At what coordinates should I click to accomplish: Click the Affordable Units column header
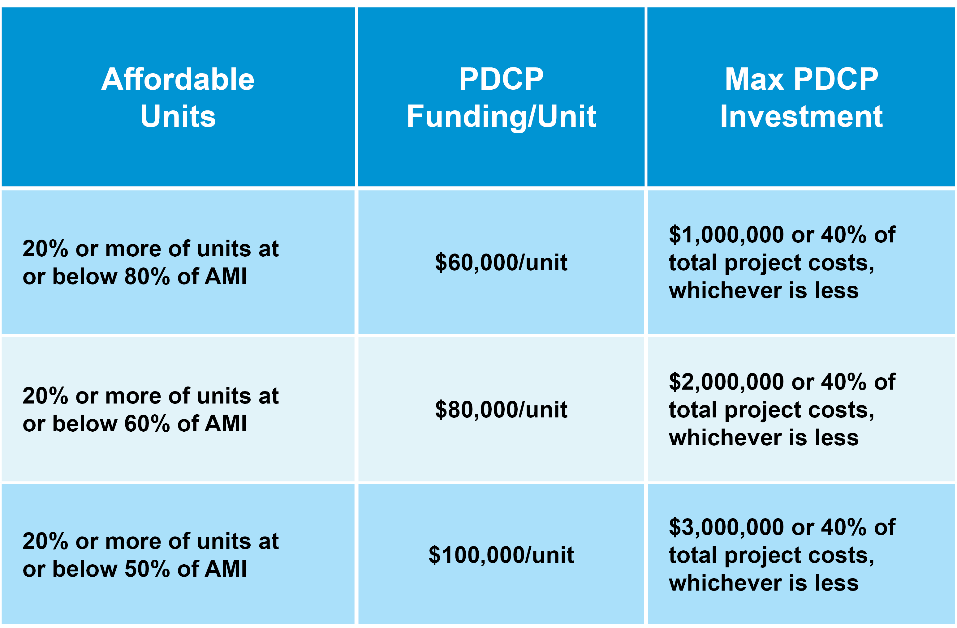(178, 97)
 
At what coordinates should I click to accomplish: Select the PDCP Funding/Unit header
(502, 97)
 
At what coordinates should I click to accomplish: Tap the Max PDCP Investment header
(801, 97)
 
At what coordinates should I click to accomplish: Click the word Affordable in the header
(178, 79)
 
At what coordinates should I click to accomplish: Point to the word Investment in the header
(801, 116)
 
